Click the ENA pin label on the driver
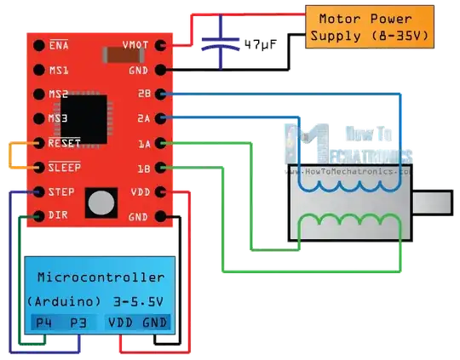click(59, 45)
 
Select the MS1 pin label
click(59, 70)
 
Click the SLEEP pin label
click(65, 168)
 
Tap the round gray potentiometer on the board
click(101, 202)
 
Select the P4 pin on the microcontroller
click(43, 323)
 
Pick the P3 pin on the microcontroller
click(78, 323)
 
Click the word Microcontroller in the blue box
click(101, 278)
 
